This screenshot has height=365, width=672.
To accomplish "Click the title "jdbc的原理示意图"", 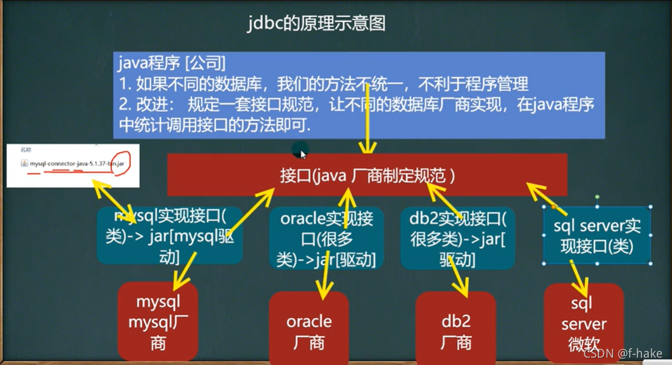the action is tap(316, 23).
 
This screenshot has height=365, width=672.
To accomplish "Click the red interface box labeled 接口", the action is tap(367, 175).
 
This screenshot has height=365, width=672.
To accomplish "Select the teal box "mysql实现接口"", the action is tap(170, 235).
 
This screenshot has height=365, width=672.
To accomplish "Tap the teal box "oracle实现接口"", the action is tap(326, 238).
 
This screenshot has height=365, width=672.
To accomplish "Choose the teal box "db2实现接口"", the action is tap(457, 238).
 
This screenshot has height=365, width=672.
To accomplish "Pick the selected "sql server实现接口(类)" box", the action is tap(597, 236).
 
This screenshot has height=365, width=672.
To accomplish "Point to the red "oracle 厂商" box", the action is tap(308, 330).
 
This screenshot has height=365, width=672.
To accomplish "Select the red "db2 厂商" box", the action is tap(455, 331).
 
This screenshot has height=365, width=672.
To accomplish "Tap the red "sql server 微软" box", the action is tap(583, 324).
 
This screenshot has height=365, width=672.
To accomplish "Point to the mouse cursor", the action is tap(302, 153).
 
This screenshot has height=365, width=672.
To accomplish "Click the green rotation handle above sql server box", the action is tap(597, 197).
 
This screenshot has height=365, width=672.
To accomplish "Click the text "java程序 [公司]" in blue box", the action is tap(172, 62).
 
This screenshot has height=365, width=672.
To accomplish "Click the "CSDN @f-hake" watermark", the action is tap(624, 353).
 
